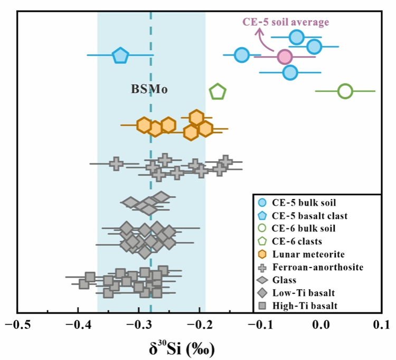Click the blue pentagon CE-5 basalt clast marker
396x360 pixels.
tap(120, 55)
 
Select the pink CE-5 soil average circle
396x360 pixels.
tap(285, 57)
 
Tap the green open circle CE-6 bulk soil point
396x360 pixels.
tap(345, 91)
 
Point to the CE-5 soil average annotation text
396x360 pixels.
tap(286, 22)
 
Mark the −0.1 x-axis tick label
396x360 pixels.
tap(258, 323)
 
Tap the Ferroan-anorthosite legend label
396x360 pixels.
tap(317, 267)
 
